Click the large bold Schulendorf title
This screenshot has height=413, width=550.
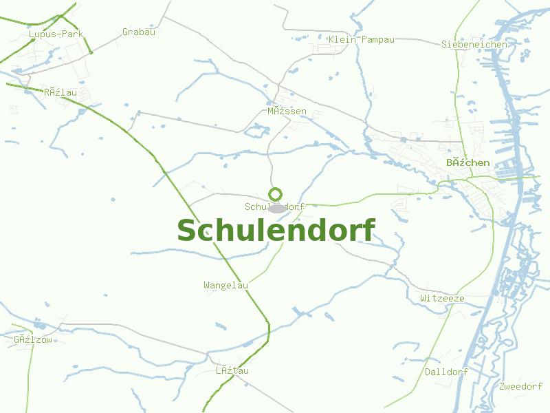[x=276, y=231]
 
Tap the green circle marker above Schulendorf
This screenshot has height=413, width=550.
[x=276, y=194]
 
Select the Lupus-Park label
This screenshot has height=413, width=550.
[x=56, y=34]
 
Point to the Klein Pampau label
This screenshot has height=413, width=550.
[x=362, y=39]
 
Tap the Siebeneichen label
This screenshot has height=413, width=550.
[x=474, y=45]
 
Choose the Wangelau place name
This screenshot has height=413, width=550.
[x=225, y=285]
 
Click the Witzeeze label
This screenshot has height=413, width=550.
[x=442, y=299]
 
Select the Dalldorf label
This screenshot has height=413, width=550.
[x=446, y=372]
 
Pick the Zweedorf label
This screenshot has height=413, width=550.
[x=521, y=386]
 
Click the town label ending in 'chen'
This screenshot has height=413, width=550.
[x=468, y=163]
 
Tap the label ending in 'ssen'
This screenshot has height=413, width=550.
[x=287, y=111]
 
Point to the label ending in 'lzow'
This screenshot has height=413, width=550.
[x=33, y=339]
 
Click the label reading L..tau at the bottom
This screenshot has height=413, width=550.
[x=232, y=371]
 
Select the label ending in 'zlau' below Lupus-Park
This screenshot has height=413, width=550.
[x=60, y=92]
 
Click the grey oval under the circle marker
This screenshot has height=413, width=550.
[x=277, y=209]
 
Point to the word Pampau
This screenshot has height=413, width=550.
[x=378, y=39]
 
